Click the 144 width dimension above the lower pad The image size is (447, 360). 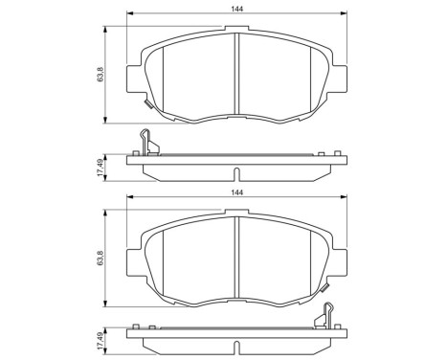(236, 192)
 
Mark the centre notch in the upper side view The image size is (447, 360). (236, 174)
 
